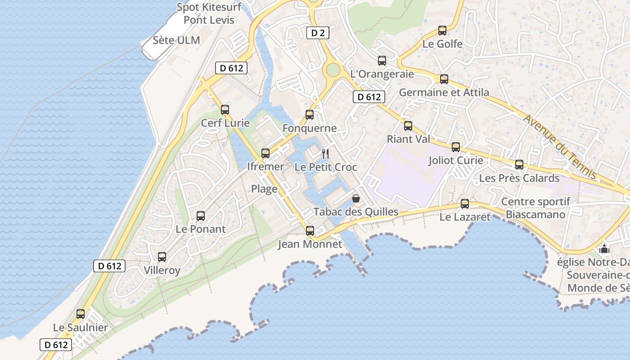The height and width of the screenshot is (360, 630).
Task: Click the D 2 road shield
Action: point(318,33)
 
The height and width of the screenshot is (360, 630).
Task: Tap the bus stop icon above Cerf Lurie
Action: point(225,109)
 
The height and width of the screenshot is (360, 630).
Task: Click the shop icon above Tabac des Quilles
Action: point(356,198)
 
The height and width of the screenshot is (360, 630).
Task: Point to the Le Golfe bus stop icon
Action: point(442,31)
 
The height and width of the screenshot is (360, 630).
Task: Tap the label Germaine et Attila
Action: point(444,93)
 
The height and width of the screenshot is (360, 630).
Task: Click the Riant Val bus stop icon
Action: point(408,126)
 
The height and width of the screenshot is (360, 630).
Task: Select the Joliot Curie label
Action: point(456,161)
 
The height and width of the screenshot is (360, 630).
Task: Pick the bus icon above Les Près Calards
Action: point(519,165)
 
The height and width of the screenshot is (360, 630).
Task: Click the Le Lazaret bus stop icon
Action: point(465,204)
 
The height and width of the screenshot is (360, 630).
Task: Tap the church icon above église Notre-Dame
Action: point(604,249)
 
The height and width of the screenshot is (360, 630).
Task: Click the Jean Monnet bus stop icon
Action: point(310,231)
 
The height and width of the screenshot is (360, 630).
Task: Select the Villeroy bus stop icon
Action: point(162,257)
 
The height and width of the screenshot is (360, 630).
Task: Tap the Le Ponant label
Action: point(201,229)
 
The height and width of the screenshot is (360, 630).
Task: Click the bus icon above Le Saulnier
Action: point(81,314)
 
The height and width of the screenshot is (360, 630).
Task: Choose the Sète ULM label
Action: point(176,40)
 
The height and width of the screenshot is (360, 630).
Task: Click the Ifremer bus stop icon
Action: point(265,153)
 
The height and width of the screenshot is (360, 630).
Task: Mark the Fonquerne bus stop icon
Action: point(310,115)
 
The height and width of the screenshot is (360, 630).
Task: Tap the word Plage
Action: point(264,189)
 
